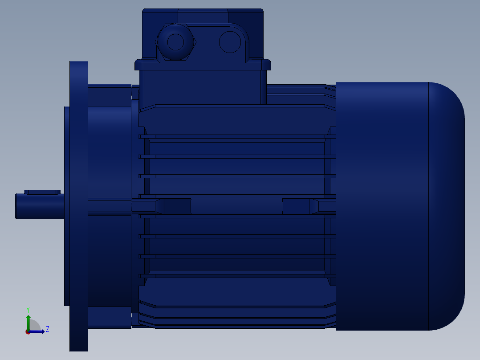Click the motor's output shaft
pyautogui.click(x=40, y=206)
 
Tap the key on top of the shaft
pyautogui.click(x=42, y=192)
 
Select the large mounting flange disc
pyautogui.click(x=79, y=206)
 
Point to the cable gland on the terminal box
pyautogui.click(x=176, y=42)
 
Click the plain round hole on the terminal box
pyautogui.click(x=230, y=42)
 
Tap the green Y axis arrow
pyautogui.click(x=28, y=323)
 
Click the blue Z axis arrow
pyautogui.click(x=37, y=331)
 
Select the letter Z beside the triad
pyautogui.click(x=48, y=329)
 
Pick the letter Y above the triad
pyautogui.click(x=28, y=310)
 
